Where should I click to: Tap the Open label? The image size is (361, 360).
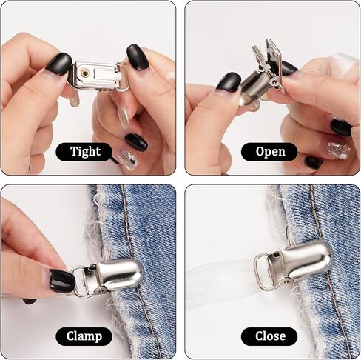click(269, 152)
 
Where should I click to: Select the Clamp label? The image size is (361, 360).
click(84, 336)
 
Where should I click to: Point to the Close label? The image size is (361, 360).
click(269, 336)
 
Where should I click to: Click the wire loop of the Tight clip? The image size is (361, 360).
click(124, 76)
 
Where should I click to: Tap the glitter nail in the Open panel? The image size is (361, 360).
click(339, 150)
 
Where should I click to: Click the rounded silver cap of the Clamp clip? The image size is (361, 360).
click(118, 275)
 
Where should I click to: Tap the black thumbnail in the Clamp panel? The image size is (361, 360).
click(61, 281)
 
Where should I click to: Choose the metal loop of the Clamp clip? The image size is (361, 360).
click(79, 281)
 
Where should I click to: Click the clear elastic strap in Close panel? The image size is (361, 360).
click(222, 279)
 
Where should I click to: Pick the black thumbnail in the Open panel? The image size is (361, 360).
click(229, 81)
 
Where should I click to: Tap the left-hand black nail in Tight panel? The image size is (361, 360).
click(58, 64)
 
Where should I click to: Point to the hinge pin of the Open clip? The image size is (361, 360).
click(273, 82)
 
